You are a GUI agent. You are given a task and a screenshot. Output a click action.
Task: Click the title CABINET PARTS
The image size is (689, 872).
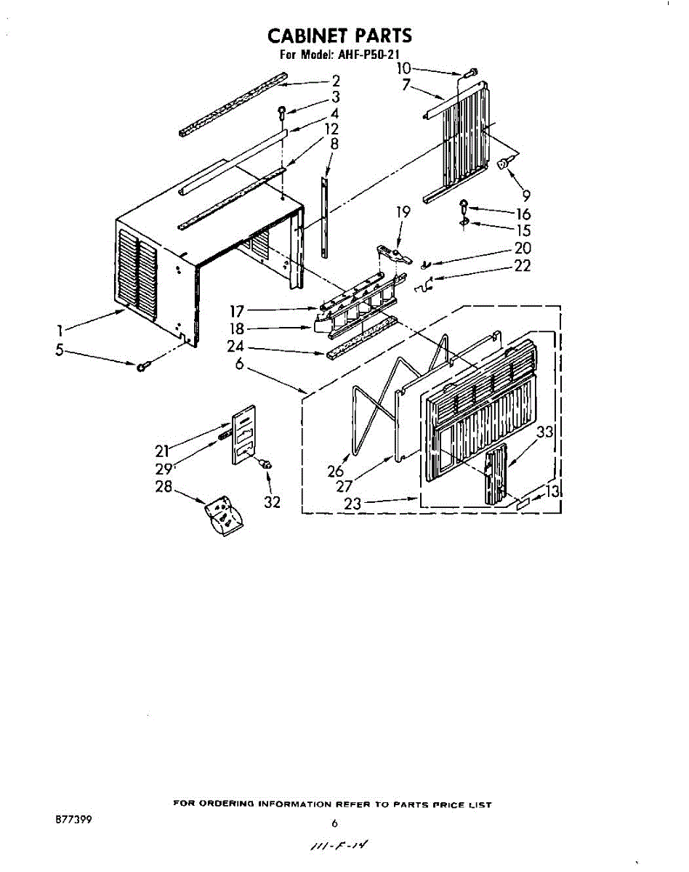click(x=340, y=36)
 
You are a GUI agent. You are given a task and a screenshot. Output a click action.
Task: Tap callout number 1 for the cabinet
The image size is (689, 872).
click(x=60, y=331)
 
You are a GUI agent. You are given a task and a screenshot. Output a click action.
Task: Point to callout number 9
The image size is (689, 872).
click(x=525, y=195)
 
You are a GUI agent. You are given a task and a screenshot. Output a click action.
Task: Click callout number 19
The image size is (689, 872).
click(x=403, y=212)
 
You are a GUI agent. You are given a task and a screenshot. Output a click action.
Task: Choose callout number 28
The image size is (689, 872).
click(x=164, y=486)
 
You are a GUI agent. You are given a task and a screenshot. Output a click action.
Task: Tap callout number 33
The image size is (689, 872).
click(x=545, y=432)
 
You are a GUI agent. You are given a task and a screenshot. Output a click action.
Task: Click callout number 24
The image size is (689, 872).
click(x=235, y=347)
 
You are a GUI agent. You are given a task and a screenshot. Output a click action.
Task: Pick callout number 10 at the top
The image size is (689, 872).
click(x=404, y=68)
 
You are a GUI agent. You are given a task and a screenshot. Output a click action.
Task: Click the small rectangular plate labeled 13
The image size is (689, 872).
click(x=524, y=502)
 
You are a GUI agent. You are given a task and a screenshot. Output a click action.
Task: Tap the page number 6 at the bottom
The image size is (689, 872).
click(x=335, y=824)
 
